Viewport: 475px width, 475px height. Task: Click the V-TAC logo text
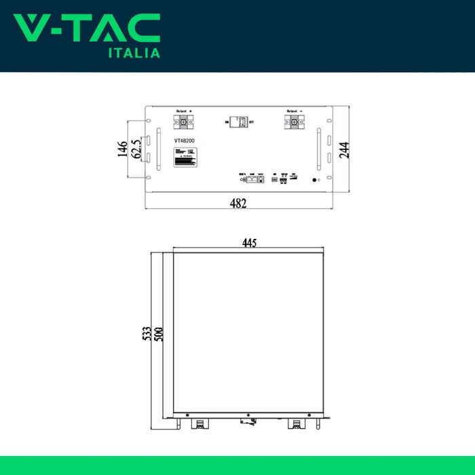[x=87, y=28]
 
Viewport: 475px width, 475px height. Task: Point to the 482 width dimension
[x=237, y=204]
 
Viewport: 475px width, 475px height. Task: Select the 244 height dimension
[x=344, y=150]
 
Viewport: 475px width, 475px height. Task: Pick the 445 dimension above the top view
[x=249, y=244]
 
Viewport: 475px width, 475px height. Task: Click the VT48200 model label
[x=185, y=140]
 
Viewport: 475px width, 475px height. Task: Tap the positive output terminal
[x=183, y=123]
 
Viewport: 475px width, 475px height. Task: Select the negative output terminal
[x=294, y=123]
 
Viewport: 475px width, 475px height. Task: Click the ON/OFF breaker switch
[x=239, y=122]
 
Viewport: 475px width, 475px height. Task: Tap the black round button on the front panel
[x=313, y=180]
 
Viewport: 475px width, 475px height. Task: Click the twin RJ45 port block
[x=256, y=180]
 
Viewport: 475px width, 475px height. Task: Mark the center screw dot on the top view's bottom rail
[x=248, y=415]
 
